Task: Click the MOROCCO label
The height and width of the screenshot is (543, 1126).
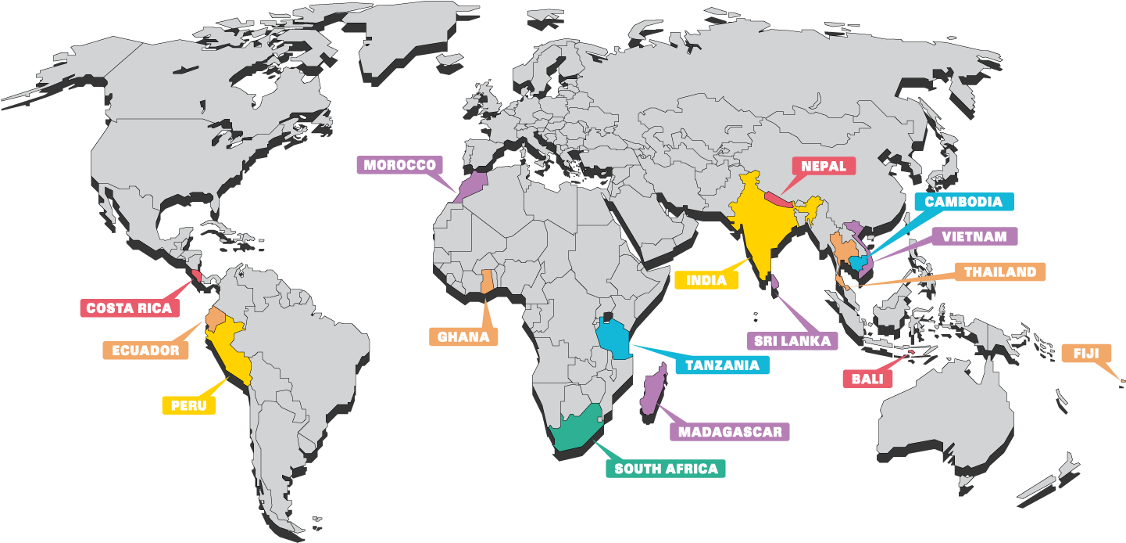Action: (x=399, y=166)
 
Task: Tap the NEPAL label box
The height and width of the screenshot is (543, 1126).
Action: (x=824, y=166)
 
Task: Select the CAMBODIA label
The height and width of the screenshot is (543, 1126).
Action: (x=963, y=202)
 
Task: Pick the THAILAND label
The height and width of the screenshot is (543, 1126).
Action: (x=999, y=272)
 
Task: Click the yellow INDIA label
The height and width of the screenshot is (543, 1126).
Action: (x=706, y=280)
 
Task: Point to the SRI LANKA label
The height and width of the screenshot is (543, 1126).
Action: (x=792, y=341)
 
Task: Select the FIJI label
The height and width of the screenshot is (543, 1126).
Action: (x=1085, y=354)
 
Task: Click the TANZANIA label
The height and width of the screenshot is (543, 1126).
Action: (x=721, y=365)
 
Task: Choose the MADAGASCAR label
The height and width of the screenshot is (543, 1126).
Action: (x=730, y=432)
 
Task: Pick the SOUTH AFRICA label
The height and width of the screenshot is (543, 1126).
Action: (x=666, y=469)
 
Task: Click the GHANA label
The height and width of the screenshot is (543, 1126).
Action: (x=463, y=337)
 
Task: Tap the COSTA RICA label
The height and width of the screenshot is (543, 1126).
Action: (x=129, y=308)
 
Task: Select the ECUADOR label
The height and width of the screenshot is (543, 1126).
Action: (x=145, y=351)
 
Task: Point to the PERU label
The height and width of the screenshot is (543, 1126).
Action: (x=188, y=405)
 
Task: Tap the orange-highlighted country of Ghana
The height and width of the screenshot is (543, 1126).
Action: (x=487, y=281)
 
